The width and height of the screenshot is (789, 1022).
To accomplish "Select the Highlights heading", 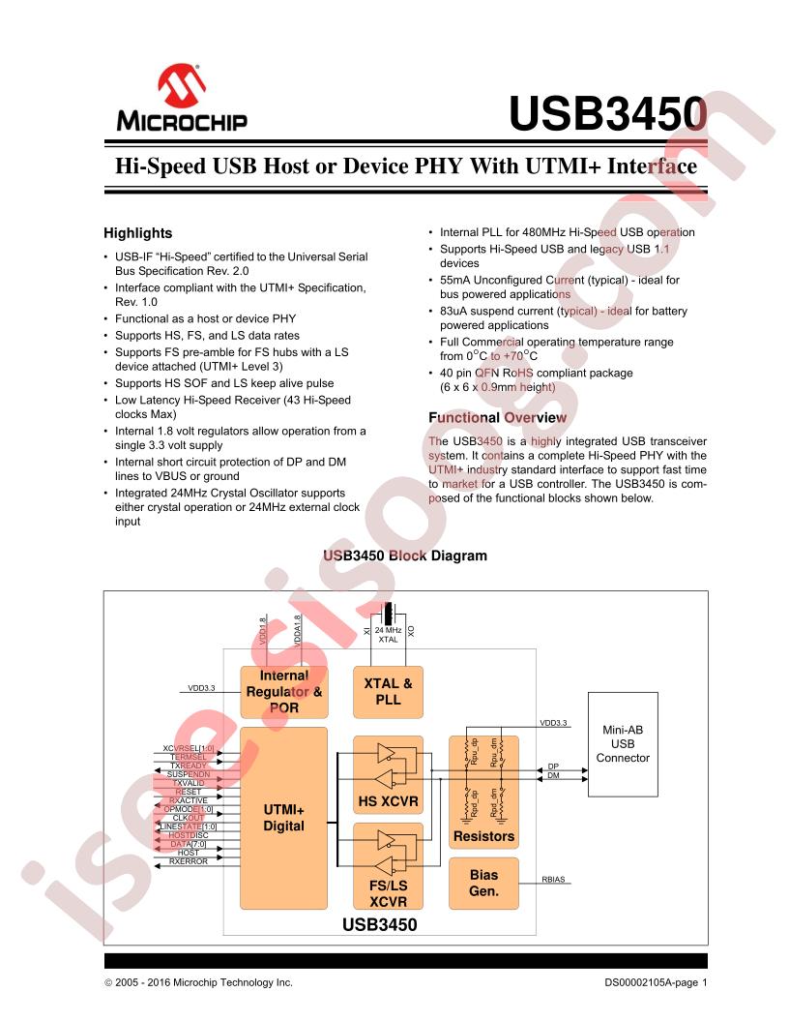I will (137, 233).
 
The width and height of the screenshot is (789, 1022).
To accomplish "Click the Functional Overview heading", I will (497, 417).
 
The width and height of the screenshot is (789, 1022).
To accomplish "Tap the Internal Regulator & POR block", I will (284, 691).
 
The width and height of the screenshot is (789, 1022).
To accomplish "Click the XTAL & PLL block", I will (388, 691).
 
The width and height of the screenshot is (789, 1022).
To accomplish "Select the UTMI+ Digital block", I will (283, 818).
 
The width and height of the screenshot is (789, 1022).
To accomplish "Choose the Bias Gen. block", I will (483, 882).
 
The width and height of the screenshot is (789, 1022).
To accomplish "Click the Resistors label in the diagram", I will (483, 835).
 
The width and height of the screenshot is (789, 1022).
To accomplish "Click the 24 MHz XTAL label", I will (388, 635).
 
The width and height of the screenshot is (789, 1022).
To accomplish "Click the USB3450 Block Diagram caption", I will (394, 556).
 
